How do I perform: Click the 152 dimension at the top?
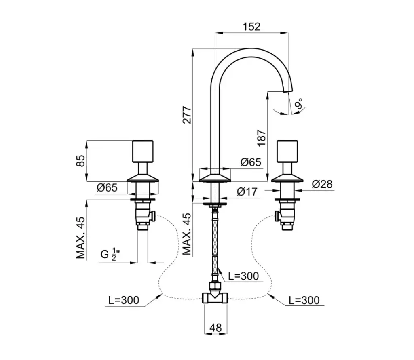[252, 27]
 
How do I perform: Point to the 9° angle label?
[300, 105]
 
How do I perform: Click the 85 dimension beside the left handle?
[81, 160]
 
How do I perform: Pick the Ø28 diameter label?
[322, 184]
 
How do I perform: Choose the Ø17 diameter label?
[247, 192]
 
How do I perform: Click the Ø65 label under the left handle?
[107, 187]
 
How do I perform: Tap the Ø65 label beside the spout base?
[251, 162]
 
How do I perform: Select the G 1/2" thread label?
[109, 255]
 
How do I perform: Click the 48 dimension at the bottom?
[216, 328]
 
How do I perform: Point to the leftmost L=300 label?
[123, 300]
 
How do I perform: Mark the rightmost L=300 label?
[304, 300]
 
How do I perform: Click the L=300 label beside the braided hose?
[243, 276]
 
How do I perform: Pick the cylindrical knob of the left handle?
[144, 151]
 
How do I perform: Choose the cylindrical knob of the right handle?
[287, 151]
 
